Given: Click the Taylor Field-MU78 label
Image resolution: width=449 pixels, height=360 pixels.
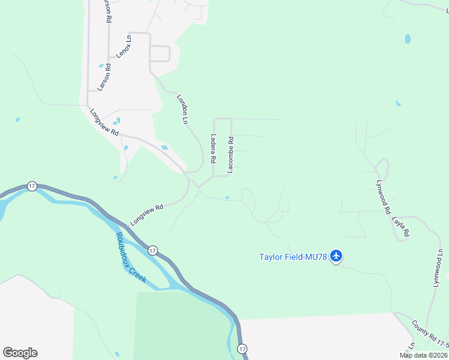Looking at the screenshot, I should point(293,257).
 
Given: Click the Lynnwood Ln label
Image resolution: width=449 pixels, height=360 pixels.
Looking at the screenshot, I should point(438,267).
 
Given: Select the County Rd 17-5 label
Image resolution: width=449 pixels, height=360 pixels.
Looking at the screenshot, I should point(430,334).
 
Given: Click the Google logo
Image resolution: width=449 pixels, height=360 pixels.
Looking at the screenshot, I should point(20,353).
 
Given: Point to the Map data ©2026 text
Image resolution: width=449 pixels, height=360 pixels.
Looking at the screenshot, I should point(424,355).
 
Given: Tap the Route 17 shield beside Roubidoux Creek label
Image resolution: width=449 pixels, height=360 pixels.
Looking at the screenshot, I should point(152,250).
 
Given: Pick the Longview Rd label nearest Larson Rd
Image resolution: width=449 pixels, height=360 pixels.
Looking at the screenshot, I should point(104,122).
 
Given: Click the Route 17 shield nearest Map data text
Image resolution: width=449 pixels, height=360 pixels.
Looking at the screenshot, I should point(242,349).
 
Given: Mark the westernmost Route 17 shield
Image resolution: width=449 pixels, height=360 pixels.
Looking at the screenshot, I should point(32,186).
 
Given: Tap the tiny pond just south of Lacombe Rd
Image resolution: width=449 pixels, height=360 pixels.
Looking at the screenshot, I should point(227,197).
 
